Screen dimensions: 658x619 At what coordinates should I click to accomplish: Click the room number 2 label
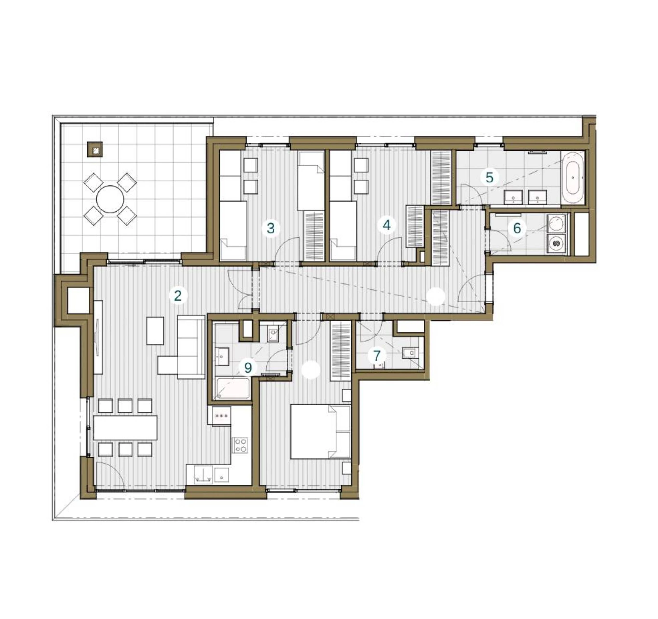(178, 296)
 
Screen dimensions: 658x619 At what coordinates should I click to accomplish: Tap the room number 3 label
(271, 228)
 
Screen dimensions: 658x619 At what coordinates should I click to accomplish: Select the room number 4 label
(386, 225)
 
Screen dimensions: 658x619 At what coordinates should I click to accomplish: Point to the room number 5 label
(489, 178)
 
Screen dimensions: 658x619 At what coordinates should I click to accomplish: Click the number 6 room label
(517, 228)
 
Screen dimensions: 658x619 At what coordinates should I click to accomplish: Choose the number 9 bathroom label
(248, 368)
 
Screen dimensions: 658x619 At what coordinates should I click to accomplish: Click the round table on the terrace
(110, 199)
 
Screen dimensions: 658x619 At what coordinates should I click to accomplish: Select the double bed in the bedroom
(320, 432)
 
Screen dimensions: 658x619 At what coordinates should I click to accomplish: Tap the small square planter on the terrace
(95, 149)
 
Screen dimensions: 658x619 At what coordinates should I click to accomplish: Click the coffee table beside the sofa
(155, 331)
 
